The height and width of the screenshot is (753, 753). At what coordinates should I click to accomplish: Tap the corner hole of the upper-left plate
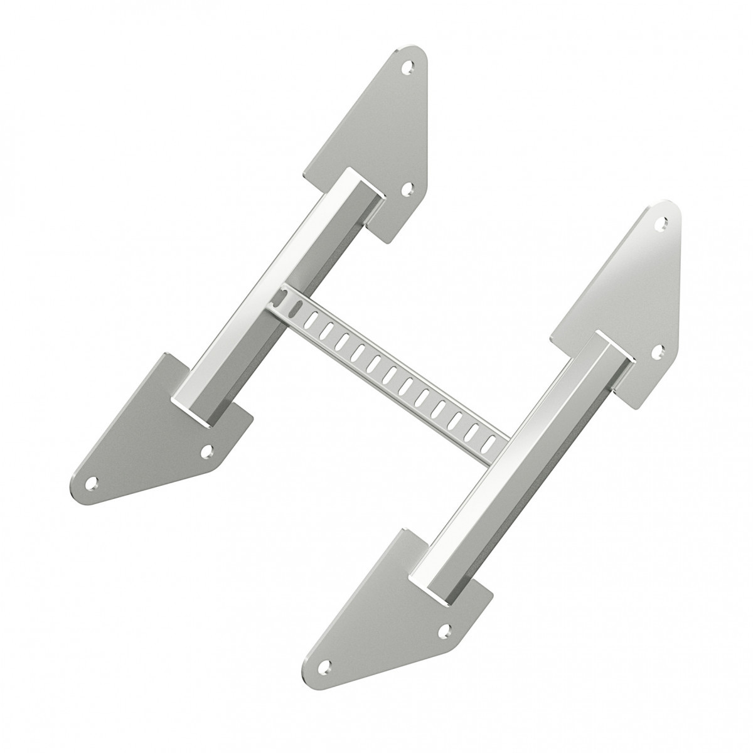click(x=406, y=186)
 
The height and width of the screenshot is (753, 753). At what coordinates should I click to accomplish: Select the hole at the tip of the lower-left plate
click(x=92, y=482)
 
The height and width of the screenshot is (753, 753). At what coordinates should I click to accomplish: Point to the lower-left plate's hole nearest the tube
click(x=206, y=450)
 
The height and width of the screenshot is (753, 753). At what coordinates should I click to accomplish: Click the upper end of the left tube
click(x=361, y=182)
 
